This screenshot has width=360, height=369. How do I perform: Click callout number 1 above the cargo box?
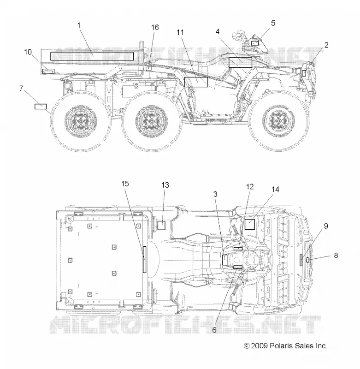pyautogui.click(x=79, y=25)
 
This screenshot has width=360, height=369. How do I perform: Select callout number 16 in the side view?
pyautogui.click(x=155, y=28)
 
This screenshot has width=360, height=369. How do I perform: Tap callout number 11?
pyautogui.click(x=180, y=32)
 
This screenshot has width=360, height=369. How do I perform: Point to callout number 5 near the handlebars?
pyautogui.click(x=273, y=23)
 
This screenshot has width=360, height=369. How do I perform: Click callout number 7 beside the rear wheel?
pyautogui.click(x=21, y=89)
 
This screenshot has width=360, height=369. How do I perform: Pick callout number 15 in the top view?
pyautogui.click(x=125, y=184)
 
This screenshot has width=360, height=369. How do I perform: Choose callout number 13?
pyautogui.click(x=165, y=185)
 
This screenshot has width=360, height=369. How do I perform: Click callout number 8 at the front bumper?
pyautogui.click(x=336, y=256)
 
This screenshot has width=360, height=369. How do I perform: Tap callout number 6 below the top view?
pyautogui.click(x=214, y=330)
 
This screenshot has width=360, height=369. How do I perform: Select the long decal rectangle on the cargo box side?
pyautogui.click(x=92, y=56)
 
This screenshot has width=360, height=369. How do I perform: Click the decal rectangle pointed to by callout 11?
pyautogui.click(x=196, y=82)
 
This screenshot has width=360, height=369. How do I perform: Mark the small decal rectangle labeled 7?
pyautogui.click(x=41, y=107)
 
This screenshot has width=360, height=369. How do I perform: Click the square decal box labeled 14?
pyautogui.click(x=250, y=224)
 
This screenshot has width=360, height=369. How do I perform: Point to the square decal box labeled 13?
pyautogui.click(x=161, y=225)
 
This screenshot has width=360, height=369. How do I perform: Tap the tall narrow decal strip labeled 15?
pyautogui.click(x=144, y=260)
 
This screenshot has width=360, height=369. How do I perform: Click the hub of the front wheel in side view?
pyautogui.click(x=278, y=120)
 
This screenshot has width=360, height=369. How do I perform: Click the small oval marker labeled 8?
pyautogui.click(x=307, y=260)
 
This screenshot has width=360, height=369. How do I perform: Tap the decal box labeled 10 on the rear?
pyautogui.click(x=48, y=71)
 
